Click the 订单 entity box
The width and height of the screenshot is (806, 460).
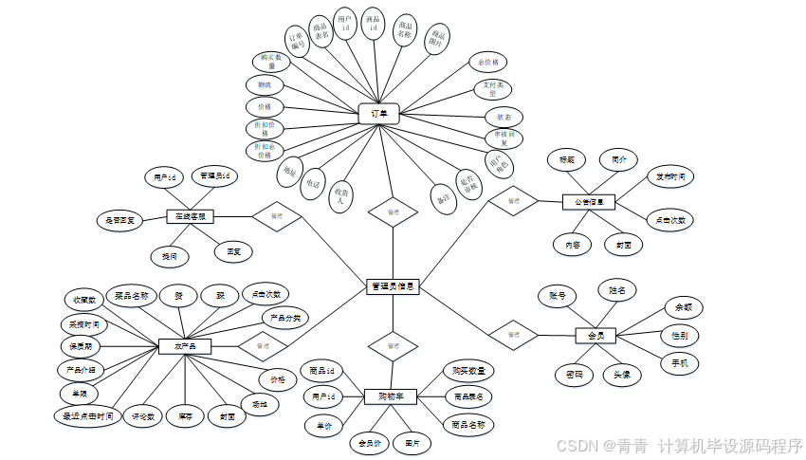379,114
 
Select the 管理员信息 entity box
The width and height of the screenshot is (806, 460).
392,285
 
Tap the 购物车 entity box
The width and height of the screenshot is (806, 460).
391,396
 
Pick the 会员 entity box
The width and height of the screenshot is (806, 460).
596,335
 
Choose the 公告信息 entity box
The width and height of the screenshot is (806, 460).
589,202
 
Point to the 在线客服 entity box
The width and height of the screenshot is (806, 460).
191,217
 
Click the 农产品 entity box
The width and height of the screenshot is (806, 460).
185,347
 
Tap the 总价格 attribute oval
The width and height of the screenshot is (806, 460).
489,63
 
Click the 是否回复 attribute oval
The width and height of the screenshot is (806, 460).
119,220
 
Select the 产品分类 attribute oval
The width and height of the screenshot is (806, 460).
284,319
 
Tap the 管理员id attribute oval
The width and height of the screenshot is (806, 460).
214,176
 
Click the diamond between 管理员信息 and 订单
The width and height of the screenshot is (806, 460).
388,212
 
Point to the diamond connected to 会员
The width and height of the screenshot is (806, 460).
513,335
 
